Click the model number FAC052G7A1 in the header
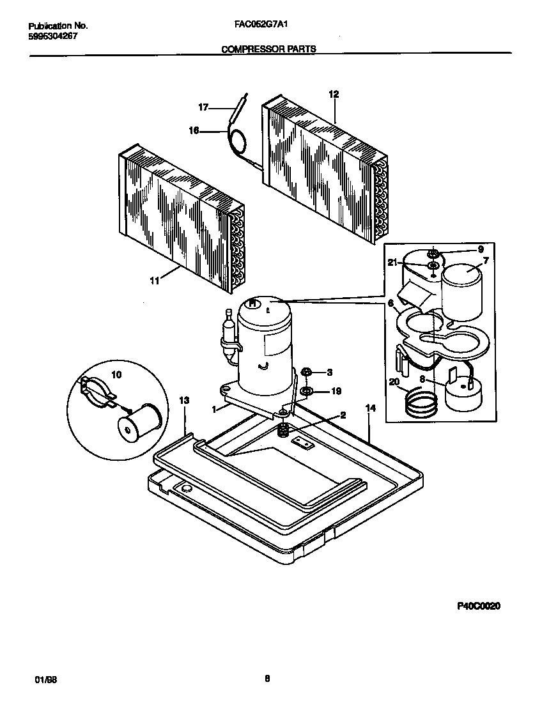tap(259, 26)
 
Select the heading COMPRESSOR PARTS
tap(268, 49)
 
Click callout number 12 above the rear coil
tap(333, 94)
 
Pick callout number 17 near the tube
tap(203, 108)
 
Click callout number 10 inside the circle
tap(116, 375)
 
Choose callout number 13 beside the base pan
tap(184, 400)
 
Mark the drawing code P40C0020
tap(478, 605)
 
